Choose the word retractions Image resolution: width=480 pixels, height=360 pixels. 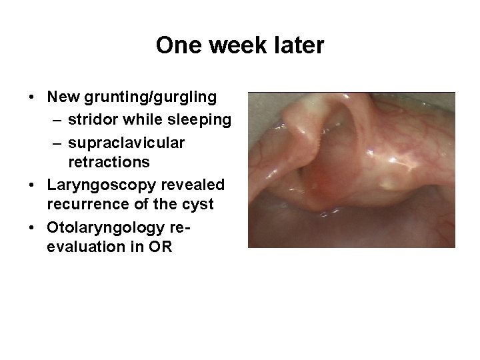click(109, 162)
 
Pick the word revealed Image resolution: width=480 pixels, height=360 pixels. click(194, 184)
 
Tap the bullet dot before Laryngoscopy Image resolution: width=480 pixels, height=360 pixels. click(33, 184)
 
